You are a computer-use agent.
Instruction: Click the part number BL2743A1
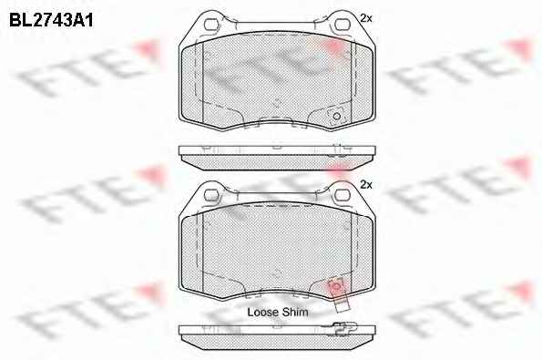click(x=51, y=20)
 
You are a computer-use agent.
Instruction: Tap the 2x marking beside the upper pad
click(x=365, y=18)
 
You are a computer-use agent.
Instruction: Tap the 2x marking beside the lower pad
click(x=365, y=185)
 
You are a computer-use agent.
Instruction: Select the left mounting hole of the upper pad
click(x=211, y=25)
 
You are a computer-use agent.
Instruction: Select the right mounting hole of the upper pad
click(x=343, y=25)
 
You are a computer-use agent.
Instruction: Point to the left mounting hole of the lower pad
click(x=211, y=195)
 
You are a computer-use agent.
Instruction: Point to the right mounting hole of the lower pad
click(x=343, y=195)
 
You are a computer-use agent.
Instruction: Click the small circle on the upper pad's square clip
click(x=336, y=116)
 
